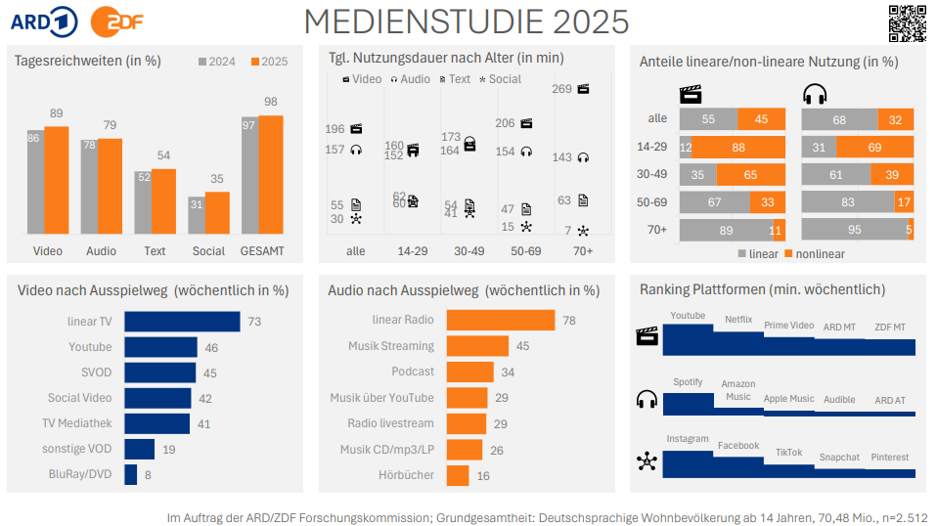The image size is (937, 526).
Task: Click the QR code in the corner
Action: point(907,23)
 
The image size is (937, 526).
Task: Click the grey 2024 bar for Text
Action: point(146,202)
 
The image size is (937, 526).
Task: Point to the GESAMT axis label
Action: point(262,251)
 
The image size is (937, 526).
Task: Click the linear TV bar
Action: point(183,322)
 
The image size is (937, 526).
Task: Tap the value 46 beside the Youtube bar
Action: point(210,347)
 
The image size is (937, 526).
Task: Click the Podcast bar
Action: point(470,373)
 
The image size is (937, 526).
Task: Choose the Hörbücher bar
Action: point(458,476)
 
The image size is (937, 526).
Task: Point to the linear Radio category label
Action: point(403,321)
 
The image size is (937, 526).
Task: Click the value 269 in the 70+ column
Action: point(561,89)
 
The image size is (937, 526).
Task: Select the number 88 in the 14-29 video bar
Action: point(737,148)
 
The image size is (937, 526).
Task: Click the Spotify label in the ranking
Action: point(688,382)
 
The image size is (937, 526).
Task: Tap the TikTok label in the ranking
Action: point(788,453)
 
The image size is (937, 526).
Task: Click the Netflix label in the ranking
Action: point(738,320)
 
